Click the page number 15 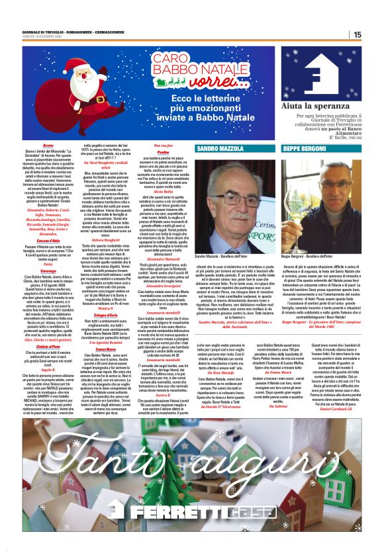356,34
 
